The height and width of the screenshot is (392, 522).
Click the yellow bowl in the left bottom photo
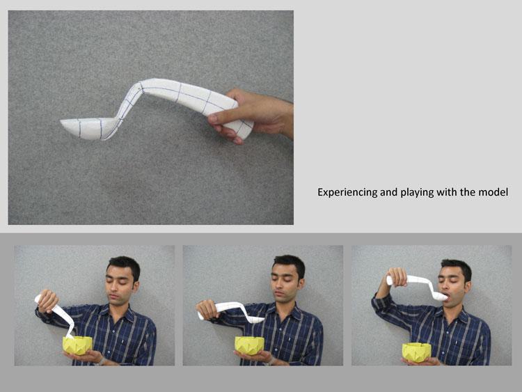[x=77, y=345]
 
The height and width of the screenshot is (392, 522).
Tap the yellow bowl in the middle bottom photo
[x=250, y=345]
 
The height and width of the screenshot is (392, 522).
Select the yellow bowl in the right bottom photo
[x=416, y=352]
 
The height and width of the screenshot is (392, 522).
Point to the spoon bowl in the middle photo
[x=255, y=320]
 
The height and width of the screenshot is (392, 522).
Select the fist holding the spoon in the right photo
[x=398, y=277]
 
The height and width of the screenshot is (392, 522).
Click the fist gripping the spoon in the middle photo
[x=207, y=309]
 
